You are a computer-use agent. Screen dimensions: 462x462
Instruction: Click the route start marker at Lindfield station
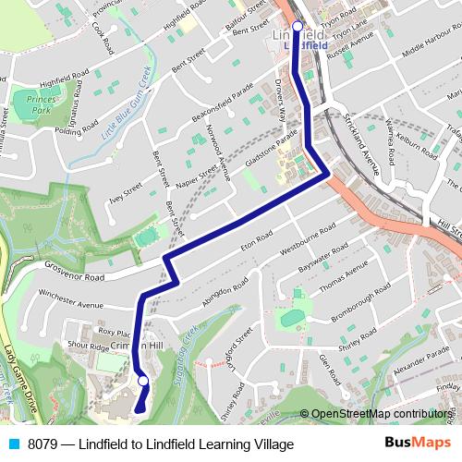pyautogui.click(x=298, y=27)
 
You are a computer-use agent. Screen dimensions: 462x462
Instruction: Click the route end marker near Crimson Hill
pyautogui.click(x=143, y=381)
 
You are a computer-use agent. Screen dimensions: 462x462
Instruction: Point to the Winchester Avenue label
pyautogui.click(x=69, y=299)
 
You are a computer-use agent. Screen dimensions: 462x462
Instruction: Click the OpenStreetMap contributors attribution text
pyautogui.click(x=380, y=414)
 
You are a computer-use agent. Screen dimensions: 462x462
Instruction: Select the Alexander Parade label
pyautogui.click(x=420, y=366)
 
